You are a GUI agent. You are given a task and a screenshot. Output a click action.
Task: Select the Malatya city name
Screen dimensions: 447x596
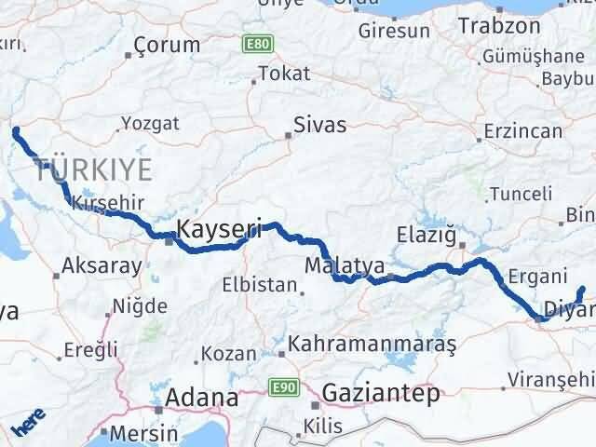coord(344,266)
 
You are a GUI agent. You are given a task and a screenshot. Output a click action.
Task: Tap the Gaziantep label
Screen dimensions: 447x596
coord(380,395)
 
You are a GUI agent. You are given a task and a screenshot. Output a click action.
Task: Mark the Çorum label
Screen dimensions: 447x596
coord(167,45)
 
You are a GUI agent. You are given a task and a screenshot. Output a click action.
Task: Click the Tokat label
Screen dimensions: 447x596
coord(283,73)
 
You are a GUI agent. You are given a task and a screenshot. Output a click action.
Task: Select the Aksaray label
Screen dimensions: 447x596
coord(101,265)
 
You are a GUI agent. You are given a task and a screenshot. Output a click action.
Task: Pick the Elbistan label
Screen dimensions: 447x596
coord(260,285)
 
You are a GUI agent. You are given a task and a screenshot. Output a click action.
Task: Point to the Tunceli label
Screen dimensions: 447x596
coord(528,194)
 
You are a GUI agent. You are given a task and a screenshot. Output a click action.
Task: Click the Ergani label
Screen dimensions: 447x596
coord(538,277)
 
